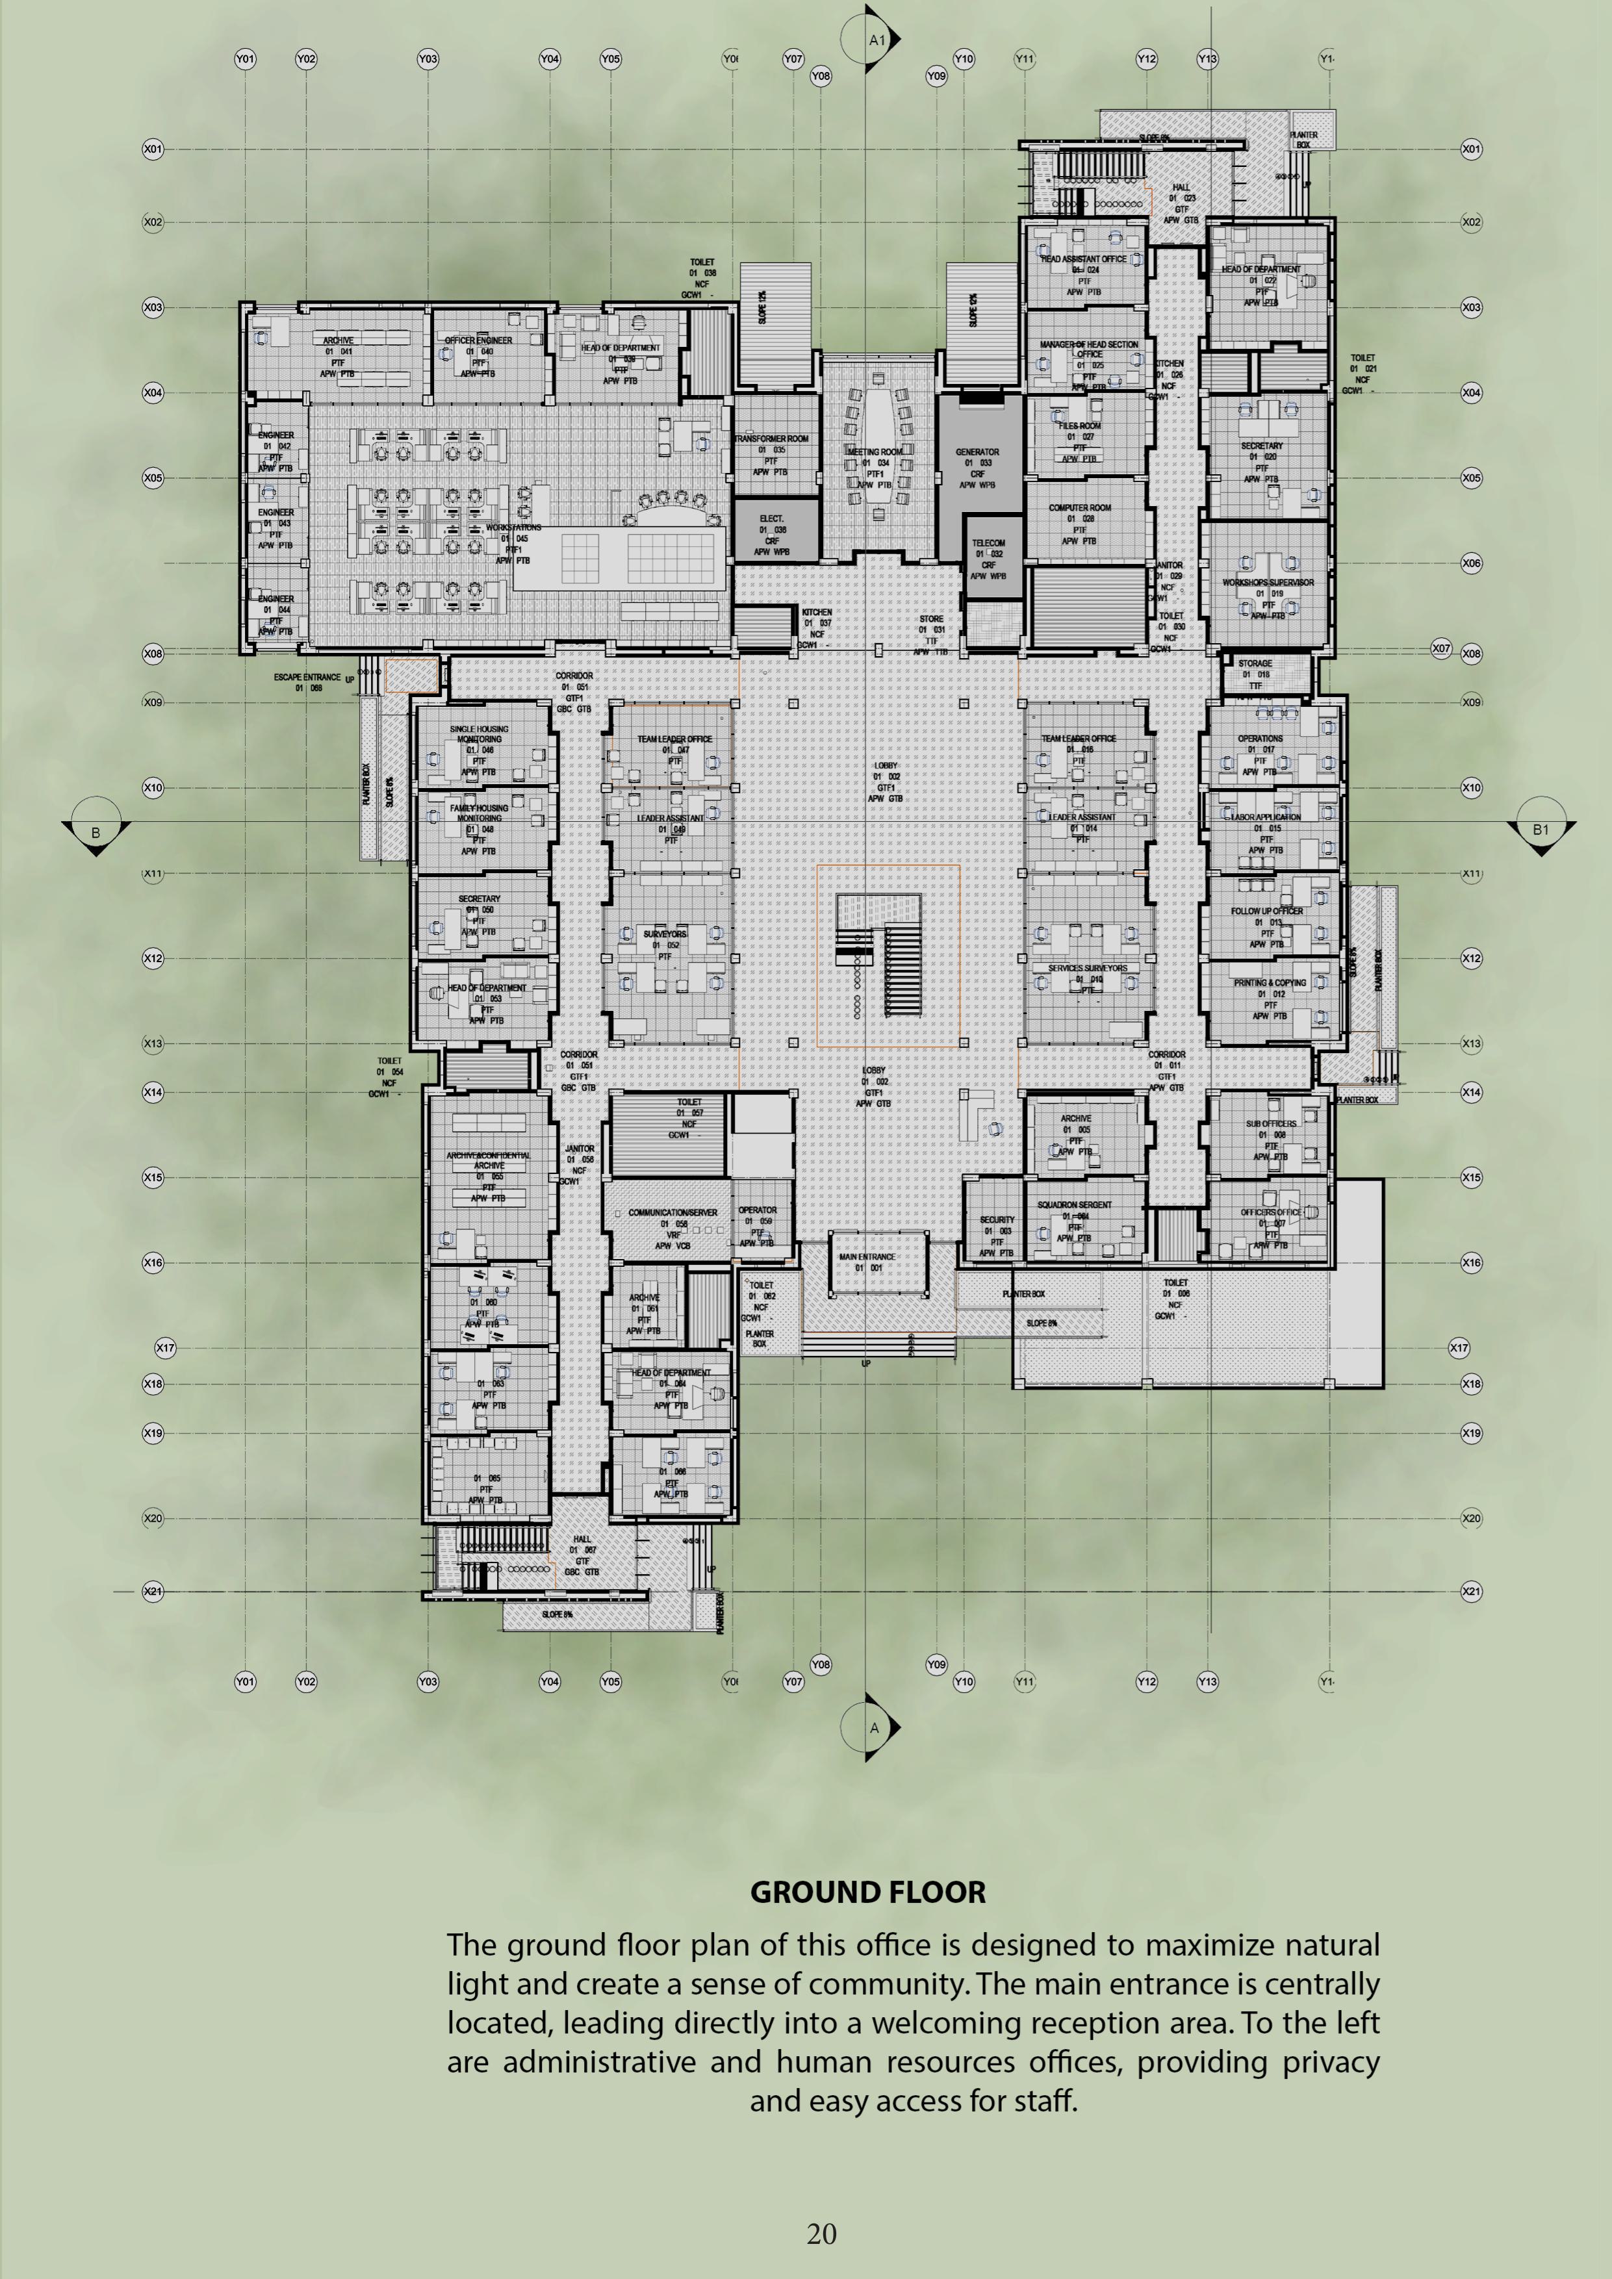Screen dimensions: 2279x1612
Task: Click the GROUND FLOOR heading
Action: (867, 1892)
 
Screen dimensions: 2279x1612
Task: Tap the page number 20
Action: (821, 2234)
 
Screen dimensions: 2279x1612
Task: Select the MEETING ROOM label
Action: (875, 452)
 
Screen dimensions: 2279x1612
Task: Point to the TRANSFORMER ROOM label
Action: (771, 439)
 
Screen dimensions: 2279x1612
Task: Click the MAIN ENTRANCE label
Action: (867, 1256)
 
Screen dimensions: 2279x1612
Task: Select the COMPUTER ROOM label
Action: (1080, 507)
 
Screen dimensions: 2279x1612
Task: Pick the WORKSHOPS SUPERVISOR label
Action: (1268, 583)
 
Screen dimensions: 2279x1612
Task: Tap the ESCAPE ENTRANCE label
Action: (307, 677)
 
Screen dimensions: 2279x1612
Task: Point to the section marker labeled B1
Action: (1539, 830)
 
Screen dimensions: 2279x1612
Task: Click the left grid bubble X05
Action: (153, 478)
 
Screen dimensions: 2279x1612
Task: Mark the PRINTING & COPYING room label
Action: (1270, 983)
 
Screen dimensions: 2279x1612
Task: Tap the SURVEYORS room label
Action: (664, 934)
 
